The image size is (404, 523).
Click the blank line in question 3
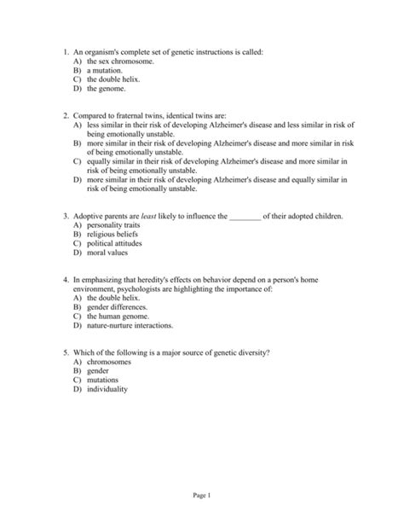pos(245,218)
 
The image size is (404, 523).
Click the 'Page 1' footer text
pos(202,497)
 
